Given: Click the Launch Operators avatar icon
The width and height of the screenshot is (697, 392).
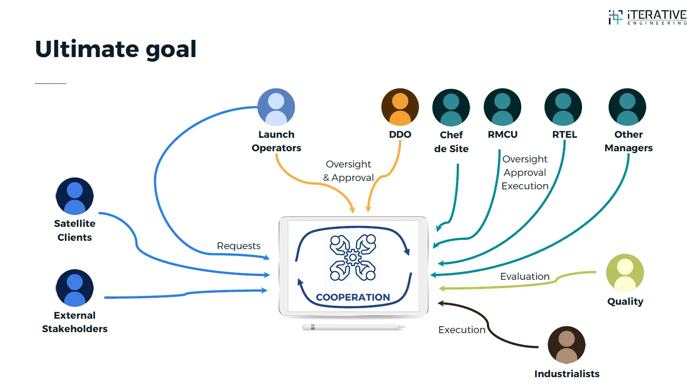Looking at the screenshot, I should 276,107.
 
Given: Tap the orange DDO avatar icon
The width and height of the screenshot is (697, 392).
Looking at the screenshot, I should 400,107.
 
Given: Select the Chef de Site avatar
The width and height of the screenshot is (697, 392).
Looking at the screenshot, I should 451,108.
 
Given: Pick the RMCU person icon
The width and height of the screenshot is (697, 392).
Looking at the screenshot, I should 502,107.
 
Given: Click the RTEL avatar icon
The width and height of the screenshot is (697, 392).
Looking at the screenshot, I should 563,107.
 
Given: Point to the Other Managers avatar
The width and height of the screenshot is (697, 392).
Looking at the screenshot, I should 627,107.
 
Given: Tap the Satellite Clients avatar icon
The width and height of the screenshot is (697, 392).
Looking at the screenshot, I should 75,196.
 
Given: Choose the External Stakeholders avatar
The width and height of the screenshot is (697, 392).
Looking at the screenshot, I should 75,288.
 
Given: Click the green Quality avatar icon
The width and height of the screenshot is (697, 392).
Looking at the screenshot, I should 625,273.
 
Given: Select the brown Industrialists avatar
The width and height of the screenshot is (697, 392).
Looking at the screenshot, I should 566,345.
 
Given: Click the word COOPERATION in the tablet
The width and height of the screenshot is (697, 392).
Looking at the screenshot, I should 353,297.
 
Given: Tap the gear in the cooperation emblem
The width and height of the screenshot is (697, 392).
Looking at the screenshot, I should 353,257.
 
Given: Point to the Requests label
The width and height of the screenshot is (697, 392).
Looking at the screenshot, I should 238,246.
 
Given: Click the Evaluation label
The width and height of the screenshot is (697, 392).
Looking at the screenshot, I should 524,276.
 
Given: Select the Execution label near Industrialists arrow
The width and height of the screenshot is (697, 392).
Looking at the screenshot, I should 461,330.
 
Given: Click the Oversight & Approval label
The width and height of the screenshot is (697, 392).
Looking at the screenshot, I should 348,171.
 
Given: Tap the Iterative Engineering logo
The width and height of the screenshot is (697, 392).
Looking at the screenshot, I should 647,17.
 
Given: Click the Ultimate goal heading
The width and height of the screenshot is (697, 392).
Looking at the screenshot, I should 116,49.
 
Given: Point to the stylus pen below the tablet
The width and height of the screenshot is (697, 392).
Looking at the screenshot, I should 353,327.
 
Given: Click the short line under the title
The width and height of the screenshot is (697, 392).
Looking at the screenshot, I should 51,84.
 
